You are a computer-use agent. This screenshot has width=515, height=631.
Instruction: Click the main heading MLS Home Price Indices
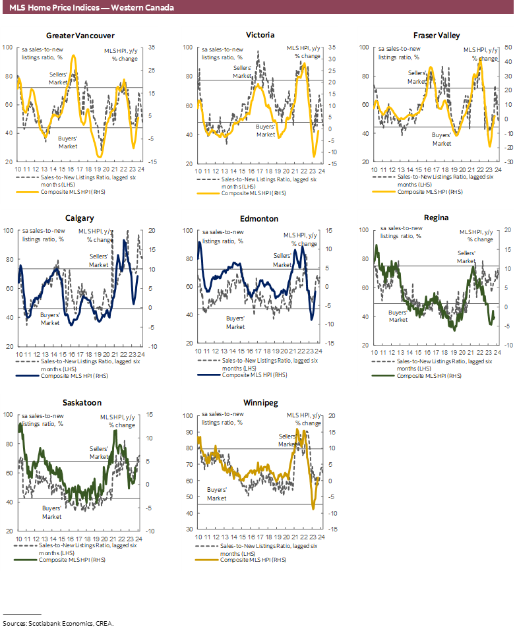coord(92,7)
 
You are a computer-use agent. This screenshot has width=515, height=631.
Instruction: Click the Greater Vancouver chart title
coord(80,36)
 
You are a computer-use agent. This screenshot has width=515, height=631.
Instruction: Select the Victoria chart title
coord(259,35)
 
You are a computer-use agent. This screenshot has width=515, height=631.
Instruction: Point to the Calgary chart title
coord(79,218)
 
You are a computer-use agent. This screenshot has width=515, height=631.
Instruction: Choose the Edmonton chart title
coord(259,218)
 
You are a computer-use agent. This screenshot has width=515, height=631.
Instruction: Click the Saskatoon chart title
coord(79,402)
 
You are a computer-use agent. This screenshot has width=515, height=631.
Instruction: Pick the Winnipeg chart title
coord(259,403)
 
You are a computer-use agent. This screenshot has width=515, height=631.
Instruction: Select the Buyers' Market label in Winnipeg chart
coord(217,494)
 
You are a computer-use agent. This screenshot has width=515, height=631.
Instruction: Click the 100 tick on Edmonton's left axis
coord(188,231)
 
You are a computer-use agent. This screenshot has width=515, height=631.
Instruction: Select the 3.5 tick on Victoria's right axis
coord(331,47)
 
